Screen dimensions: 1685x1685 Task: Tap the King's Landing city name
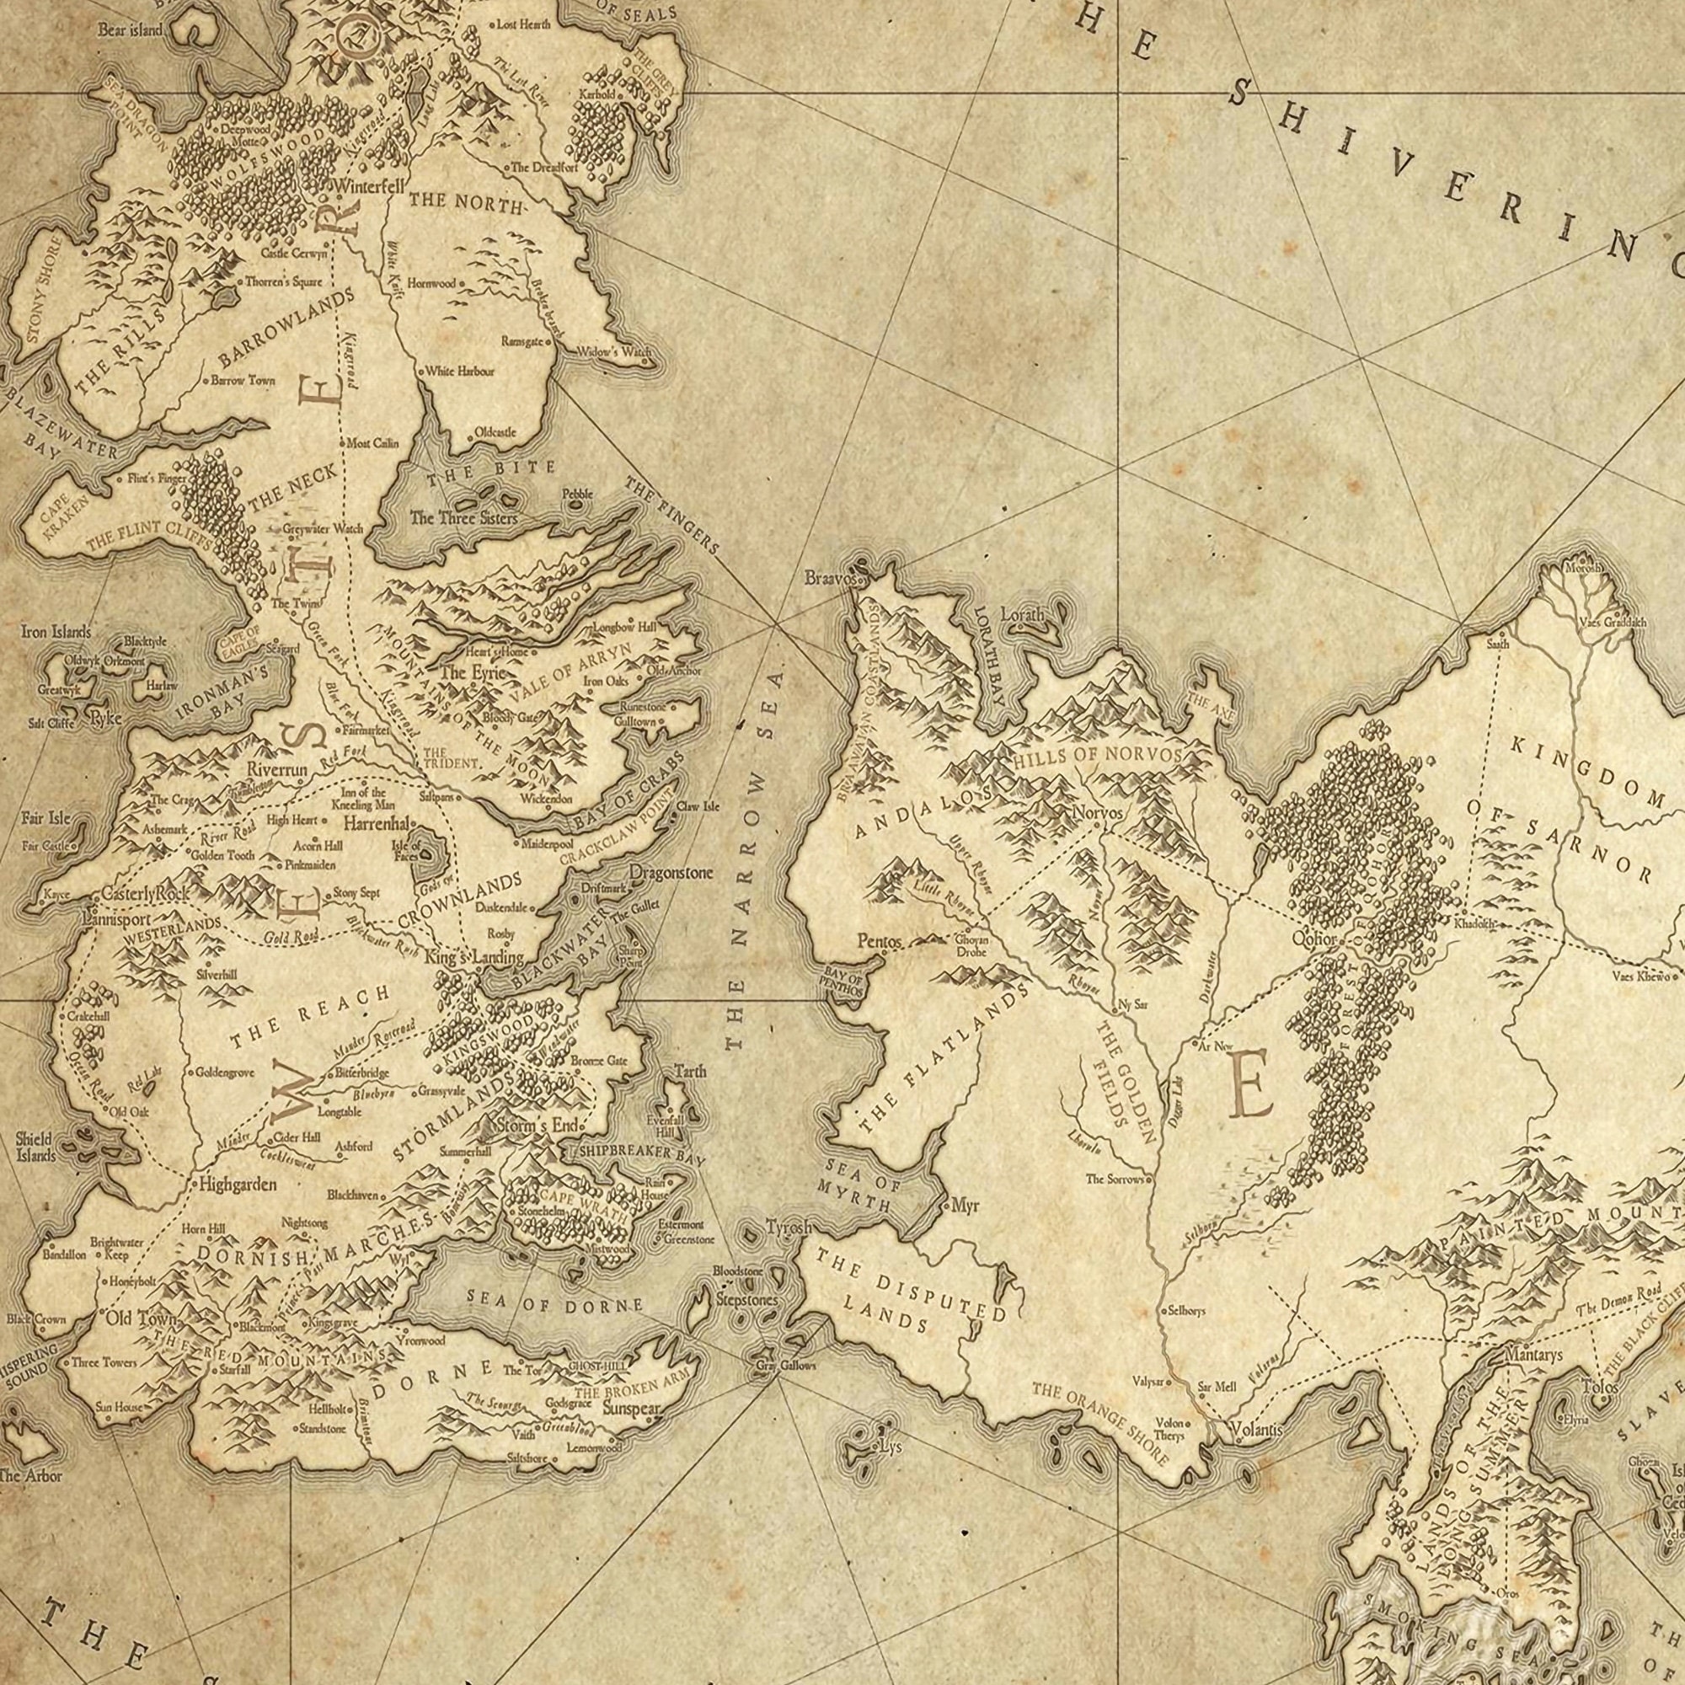point(473,957)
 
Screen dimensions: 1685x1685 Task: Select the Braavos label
point(832,577)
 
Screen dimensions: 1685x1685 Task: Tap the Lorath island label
point(1022,615)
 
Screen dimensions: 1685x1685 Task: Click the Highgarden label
point(238,1185)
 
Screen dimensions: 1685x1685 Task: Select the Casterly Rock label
point(145,894)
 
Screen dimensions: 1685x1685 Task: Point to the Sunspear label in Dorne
point(631,1410)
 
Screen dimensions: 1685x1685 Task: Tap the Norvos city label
point(1097,813)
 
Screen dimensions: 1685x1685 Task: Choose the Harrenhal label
point(377,823)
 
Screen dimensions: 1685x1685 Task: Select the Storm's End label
point(538,1126)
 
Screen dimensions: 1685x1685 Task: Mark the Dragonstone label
point(671,873)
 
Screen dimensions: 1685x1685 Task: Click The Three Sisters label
point(463,518)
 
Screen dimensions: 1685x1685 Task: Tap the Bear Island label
point(129,30)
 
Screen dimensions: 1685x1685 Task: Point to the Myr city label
point(965,1206)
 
